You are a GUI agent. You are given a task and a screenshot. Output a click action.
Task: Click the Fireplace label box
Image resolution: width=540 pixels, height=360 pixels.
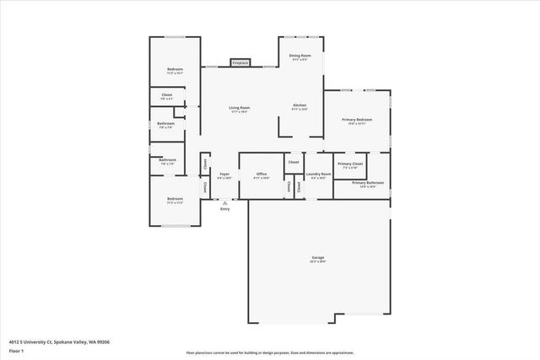click(x=240, y=62)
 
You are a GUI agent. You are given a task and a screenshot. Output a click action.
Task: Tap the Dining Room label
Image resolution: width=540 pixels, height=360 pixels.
click(x=300, y=56)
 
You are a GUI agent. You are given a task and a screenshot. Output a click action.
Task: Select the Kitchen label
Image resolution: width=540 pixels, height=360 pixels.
click(x=299, y=105)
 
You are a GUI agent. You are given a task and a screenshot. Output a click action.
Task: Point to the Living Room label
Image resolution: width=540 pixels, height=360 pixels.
click(x=239, y=107)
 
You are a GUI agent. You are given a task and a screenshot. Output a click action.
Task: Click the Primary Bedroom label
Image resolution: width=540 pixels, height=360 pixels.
click(x=357, y=120)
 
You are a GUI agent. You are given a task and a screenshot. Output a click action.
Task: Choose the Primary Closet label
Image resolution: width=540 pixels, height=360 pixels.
click(x=350, y=164)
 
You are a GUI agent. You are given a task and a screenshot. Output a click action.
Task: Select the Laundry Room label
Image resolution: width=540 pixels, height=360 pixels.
click(x=318, y=175)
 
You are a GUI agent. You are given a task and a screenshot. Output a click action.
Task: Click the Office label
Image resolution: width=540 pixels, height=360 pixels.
click(x=262, y=174)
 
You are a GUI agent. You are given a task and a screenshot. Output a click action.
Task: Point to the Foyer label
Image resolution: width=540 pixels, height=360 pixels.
click(x=224, y=175)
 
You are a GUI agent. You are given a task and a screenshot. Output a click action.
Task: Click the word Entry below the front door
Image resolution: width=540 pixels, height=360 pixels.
click(x=224, y=208)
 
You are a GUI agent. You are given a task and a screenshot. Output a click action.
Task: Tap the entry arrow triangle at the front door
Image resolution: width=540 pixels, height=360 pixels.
click(x=224, y=202)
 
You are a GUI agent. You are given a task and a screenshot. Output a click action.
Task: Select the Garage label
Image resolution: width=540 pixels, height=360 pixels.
click(x=318, y=257)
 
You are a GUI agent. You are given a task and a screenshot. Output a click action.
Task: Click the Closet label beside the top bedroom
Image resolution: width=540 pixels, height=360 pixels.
click(x=167, y=94)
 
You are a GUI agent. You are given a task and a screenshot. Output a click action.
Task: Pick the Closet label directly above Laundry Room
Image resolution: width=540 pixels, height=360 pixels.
click(x=294, y=161)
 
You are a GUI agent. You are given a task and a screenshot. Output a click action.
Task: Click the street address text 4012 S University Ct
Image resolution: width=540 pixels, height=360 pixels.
click(x=59, y=341)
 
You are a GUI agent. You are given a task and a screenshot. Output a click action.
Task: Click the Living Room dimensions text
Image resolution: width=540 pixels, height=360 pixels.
click(x=239, y=111)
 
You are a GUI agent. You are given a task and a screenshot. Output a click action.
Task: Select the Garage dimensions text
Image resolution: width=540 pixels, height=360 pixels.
click(x=318, y=261)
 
